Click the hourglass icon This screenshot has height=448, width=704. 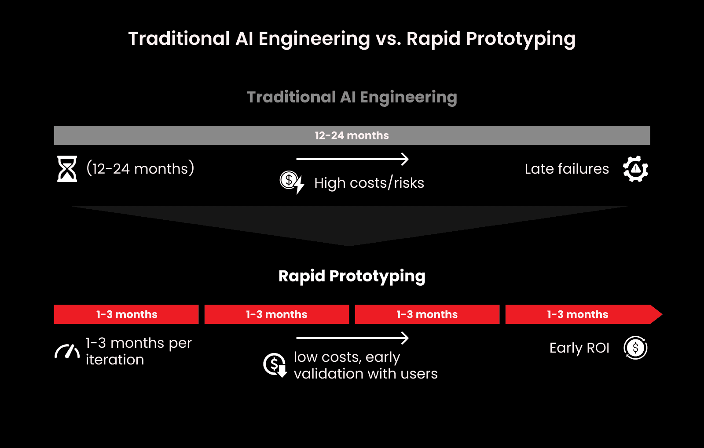click(67, 169)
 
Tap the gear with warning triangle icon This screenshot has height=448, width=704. click(635, 169)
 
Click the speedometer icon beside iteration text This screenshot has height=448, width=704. click(67, 352)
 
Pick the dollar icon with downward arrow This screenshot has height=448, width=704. click(275, 365)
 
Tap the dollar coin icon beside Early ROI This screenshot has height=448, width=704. click(635, 348)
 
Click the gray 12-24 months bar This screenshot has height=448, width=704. click(352, 135)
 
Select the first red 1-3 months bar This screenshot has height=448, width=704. click(126, 314)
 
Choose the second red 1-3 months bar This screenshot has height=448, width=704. click(276, 314)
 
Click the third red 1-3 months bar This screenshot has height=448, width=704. click(427, 314)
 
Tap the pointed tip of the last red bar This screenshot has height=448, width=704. click(657, 314)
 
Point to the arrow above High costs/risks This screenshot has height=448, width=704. click(352, 159)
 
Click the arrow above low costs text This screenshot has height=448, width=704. click(352, 338)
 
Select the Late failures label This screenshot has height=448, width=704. click(567, 169)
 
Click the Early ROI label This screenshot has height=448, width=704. click(579, 348)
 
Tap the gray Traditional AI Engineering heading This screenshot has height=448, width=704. click(352, 97)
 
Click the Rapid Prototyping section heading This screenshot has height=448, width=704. click(352, 276)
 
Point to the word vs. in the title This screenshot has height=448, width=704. click(388, 39)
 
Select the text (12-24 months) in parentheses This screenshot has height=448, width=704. click(140, 169)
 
